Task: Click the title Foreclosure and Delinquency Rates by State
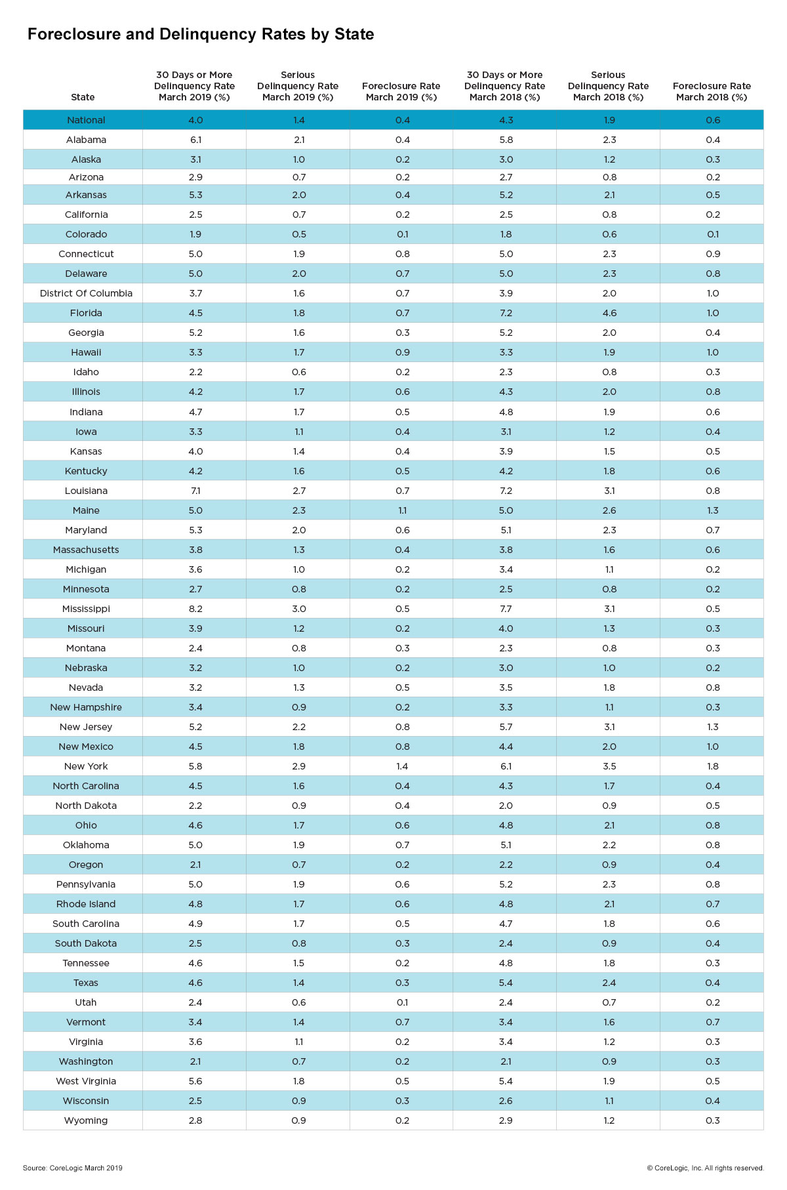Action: tap(201, 34)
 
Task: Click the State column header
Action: tap(83, 97)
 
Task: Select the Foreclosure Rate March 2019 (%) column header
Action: tap(401, 91)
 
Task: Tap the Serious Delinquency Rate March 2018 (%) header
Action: tap(609, 86)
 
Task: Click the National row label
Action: tap(86, 120)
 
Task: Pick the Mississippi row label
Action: tap(86, 609)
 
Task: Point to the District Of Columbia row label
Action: tap(86, 293)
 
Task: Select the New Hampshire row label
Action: tap(86, 707)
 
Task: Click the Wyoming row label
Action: tap(86, 1120)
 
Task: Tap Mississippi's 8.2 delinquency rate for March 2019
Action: tap(195, 609)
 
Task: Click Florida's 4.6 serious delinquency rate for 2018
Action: tap(609, 313)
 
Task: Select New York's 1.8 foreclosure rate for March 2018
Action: tap(713, 766)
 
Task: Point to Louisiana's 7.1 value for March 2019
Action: tap(195, 491)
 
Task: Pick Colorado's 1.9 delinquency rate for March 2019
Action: tap(195, 234)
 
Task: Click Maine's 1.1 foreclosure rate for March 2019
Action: tap(403, 510)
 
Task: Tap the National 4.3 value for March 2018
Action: tap(506, 120)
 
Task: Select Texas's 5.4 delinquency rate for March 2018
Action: tap(506, 983)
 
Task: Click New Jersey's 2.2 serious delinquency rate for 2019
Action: tap(299, 727)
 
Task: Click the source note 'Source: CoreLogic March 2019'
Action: tap(73, 1168)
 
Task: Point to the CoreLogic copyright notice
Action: tap(706, 1168)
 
